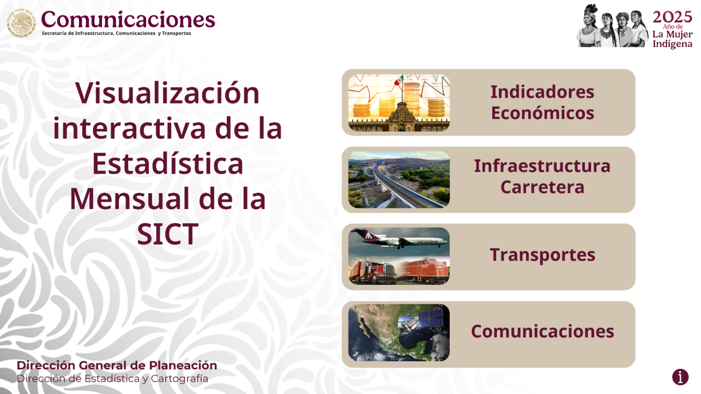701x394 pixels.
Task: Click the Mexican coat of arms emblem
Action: [x=21, y=23]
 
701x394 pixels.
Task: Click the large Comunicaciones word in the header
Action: [x=128, y=20]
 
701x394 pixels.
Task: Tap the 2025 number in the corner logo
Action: [x=672, y=17]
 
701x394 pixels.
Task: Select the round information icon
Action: [x=680, y=377]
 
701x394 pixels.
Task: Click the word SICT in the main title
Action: [x=168, y=234]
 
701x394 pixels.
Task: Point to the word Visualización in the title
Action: [x=167, y=93]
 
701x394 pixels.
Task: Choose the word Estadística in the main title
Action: [x=168, y=163]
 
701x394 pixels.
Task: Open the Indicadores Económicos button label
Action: [x=542, y=102]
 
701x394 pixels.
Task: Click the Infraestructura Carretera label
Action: [x=542, y=176]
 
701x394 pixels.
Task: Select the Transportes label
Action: [x=542, y=255]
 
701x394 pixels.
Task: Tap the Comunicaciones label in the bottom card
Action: [x=542, y=331]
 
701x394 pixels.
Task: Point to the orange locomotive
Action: [x=424, y=271]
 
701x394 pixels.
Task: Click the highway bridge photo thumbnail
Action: [x=399, y=180]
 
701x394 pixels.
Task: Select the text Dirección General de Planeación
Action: [x=117, y=366]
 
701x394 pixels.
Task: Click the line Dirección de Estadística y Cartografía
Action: [x=112, y=379]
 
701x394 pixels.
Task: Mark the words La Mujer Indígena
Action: [x=672, y=39]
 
